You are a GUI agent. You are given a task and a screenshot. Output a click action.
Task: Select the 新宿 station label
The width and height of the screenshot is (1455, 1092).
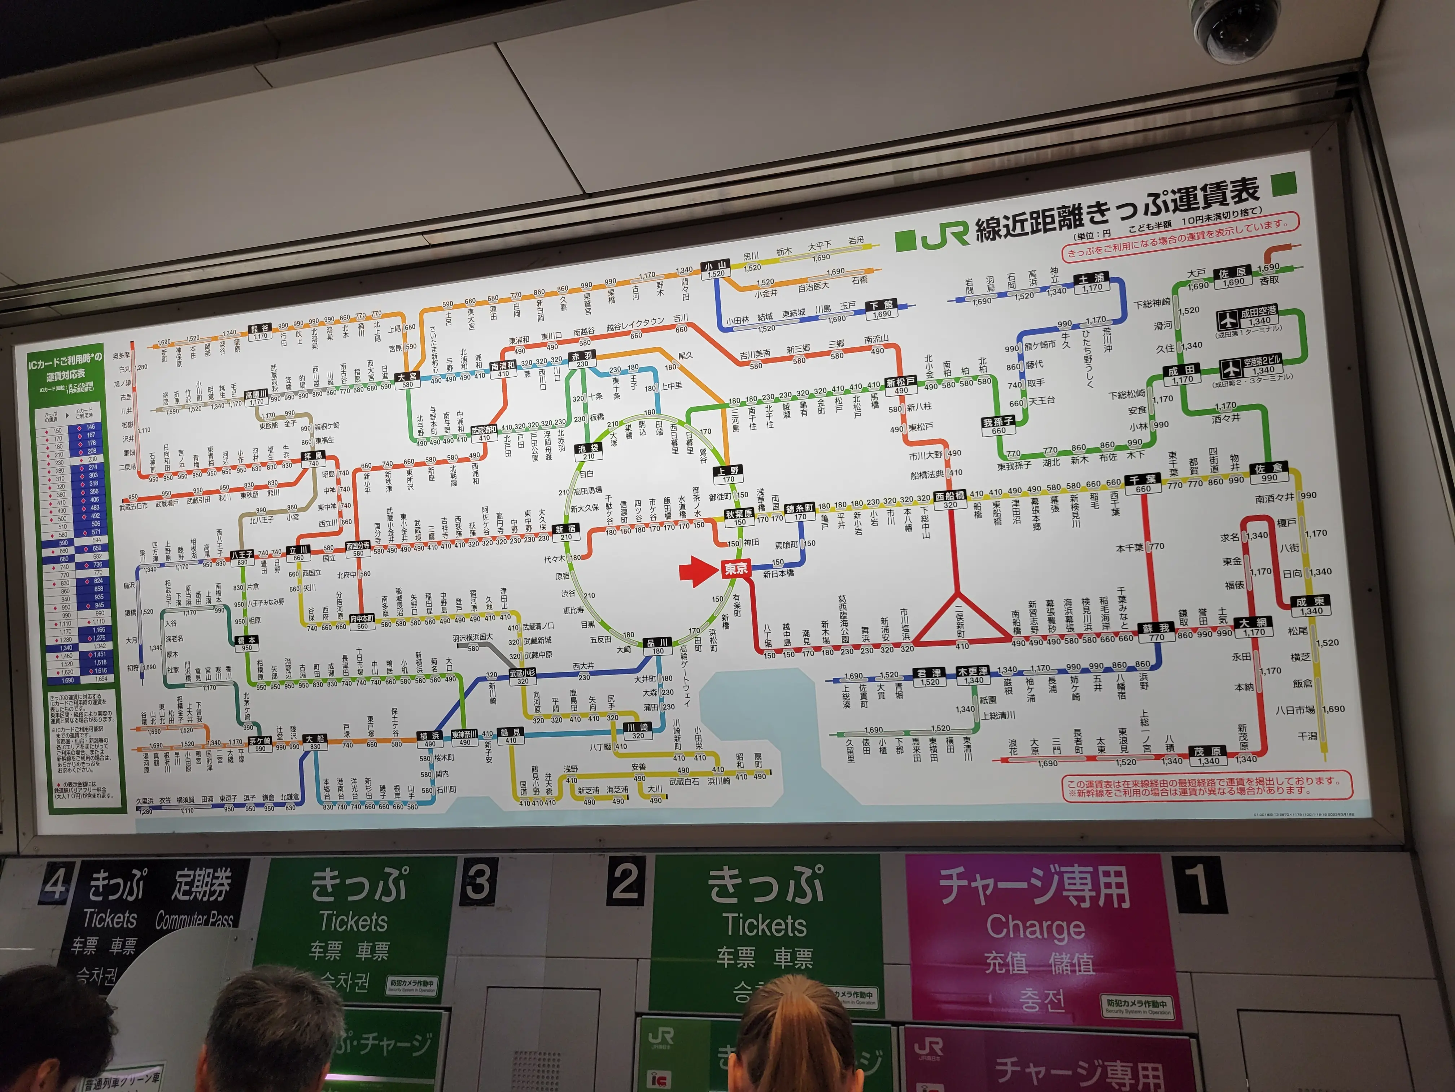[x=565, y=529]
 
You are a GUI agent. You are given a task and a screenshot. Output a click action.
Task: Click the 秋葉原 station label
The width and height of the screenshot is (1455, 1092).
[x=739, y=514]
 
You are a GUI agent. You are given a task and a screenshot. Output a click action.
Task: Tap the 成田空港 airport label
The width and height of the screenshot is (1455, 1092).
[x=1258, y=313]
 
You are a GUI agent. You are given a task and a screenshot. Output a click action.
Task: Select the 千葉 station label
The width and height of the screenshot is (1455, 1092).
[x=1142, y=480]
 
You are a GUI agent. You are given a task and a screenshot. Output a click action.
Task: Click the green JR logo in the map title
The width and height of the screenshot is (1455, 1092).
[x=945, y=236]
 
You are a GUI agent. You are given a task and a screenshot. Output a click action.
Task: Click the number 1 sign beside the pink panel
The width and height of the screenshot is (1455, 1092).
[x=1198, y=885]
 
